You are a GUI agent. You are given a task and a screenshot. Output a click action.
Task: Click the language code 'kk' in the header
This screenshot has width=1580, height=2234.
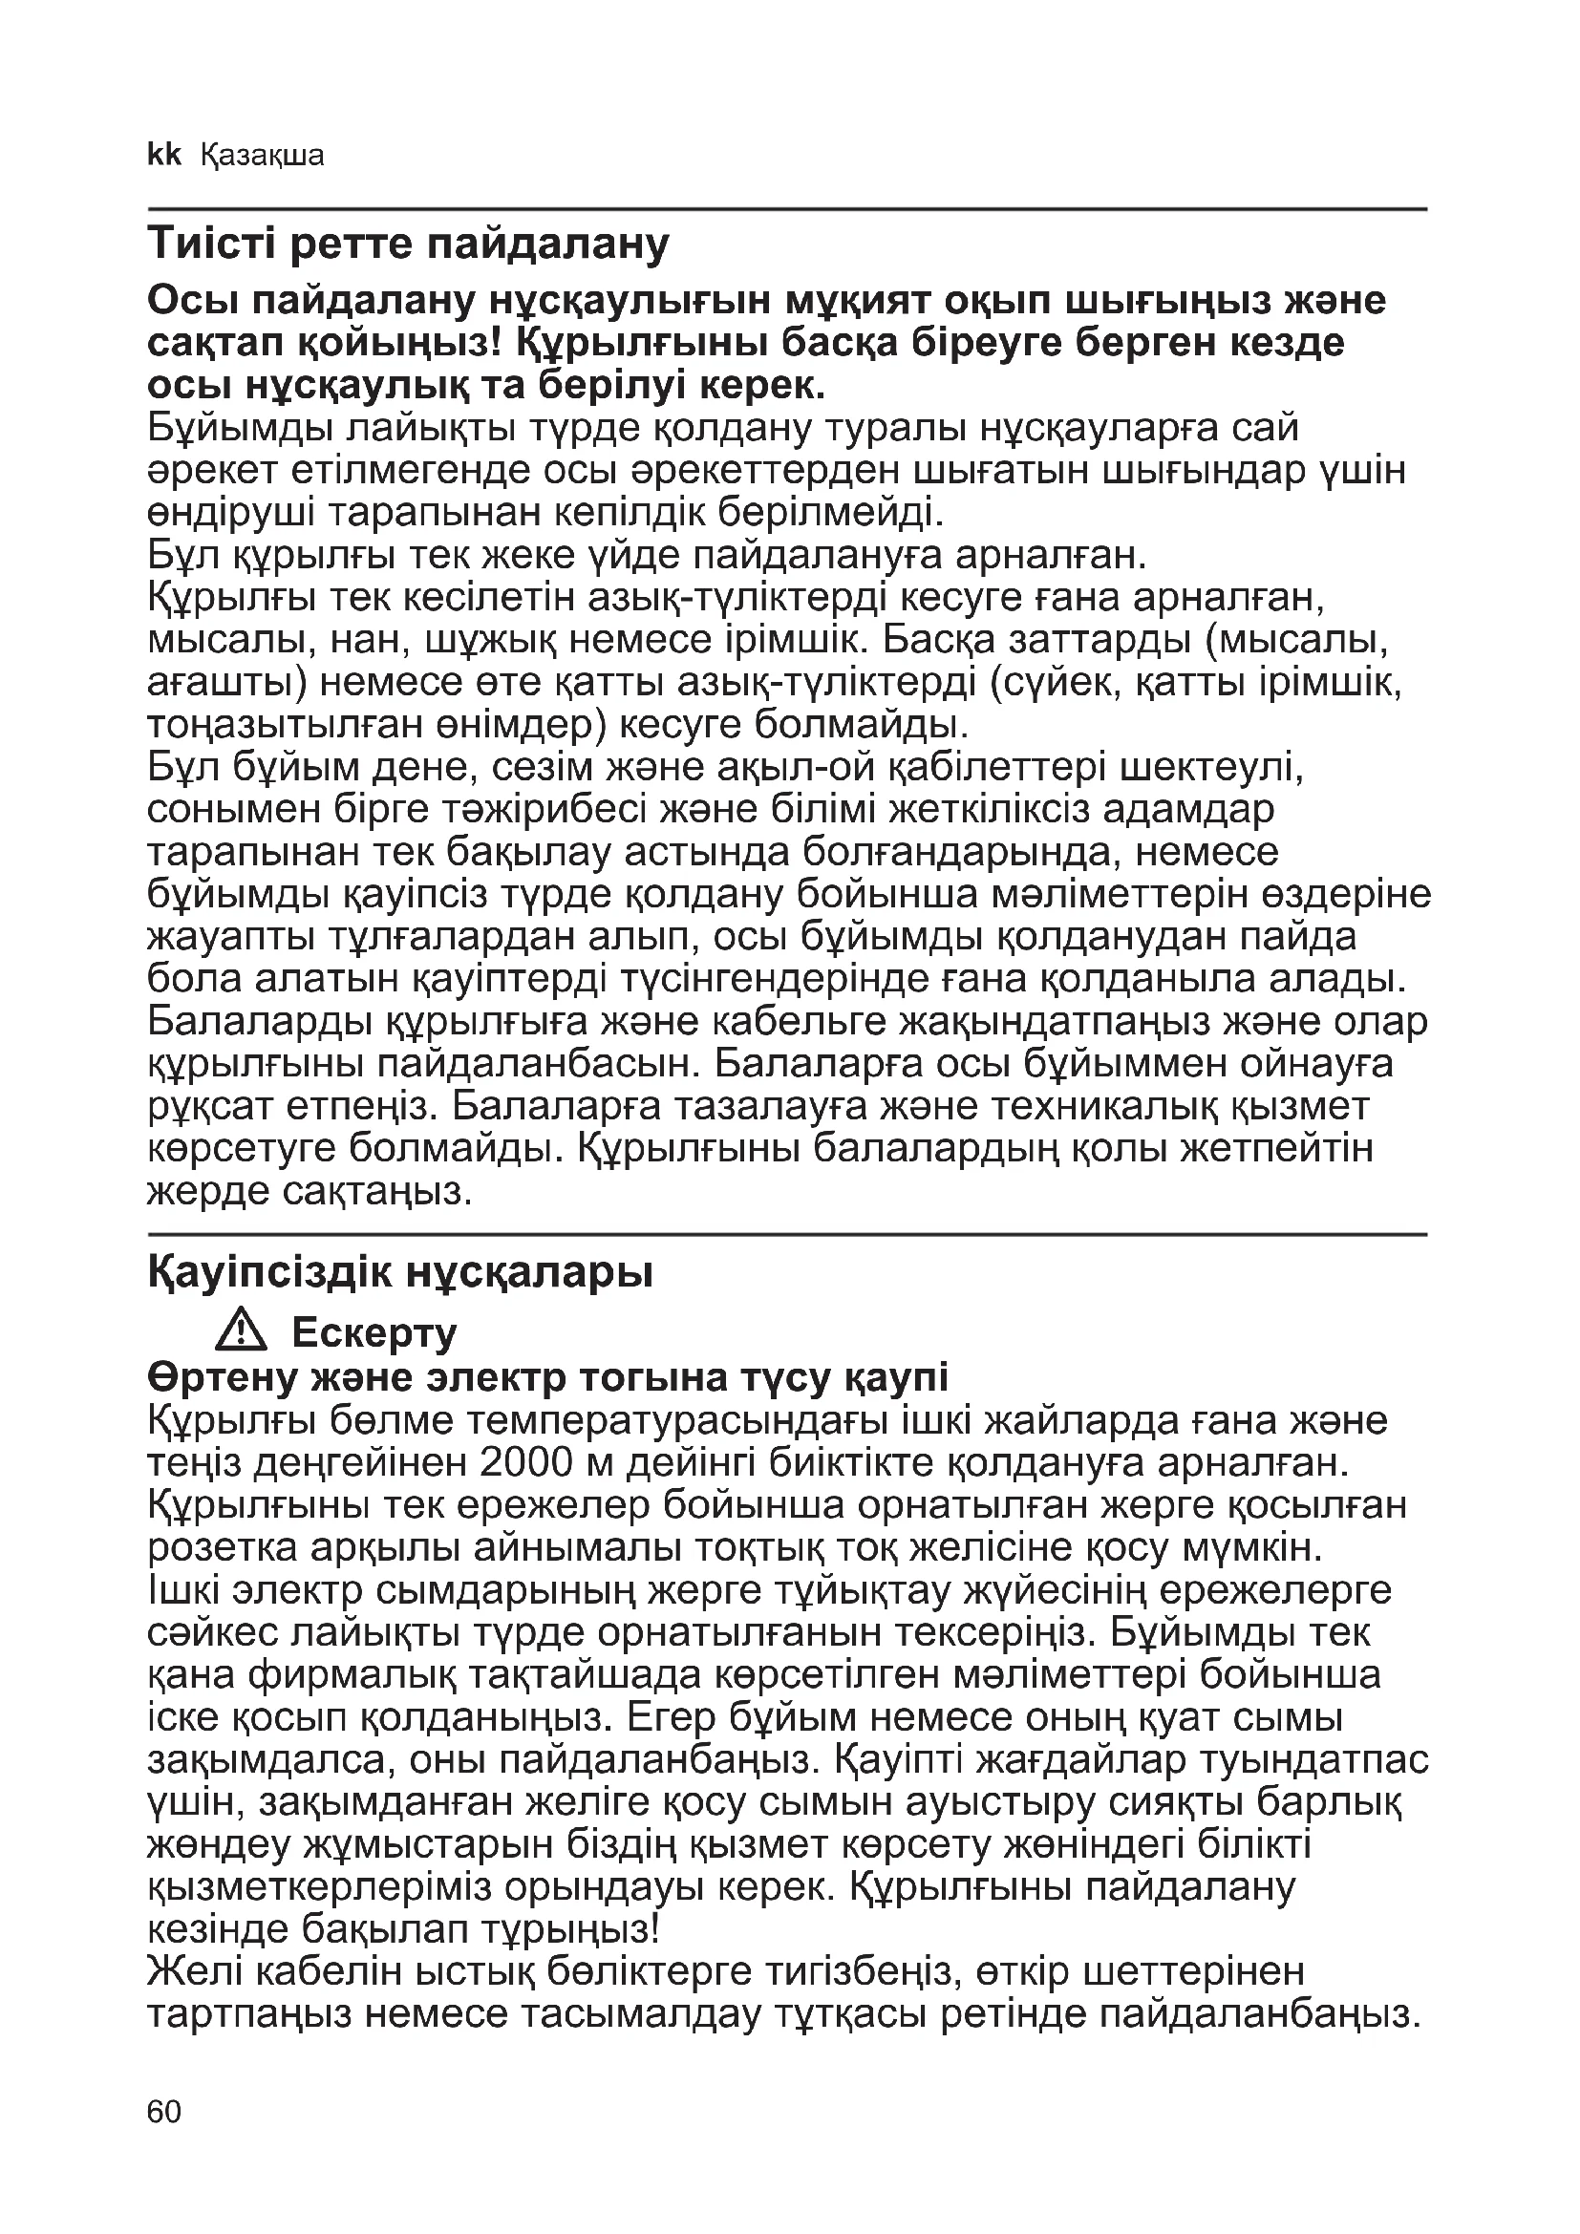164,155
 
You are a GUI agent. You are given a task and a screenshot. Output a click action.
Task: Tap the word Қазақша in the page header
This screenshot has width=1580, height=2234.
262,156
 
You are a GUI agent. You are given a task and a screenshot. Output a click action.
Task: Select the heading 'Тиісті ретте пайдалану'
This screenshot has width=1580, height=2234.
409,245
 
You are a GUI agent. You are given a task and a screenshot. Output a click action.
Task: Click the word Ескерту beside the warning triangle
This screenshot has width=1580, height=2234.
374,1333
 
